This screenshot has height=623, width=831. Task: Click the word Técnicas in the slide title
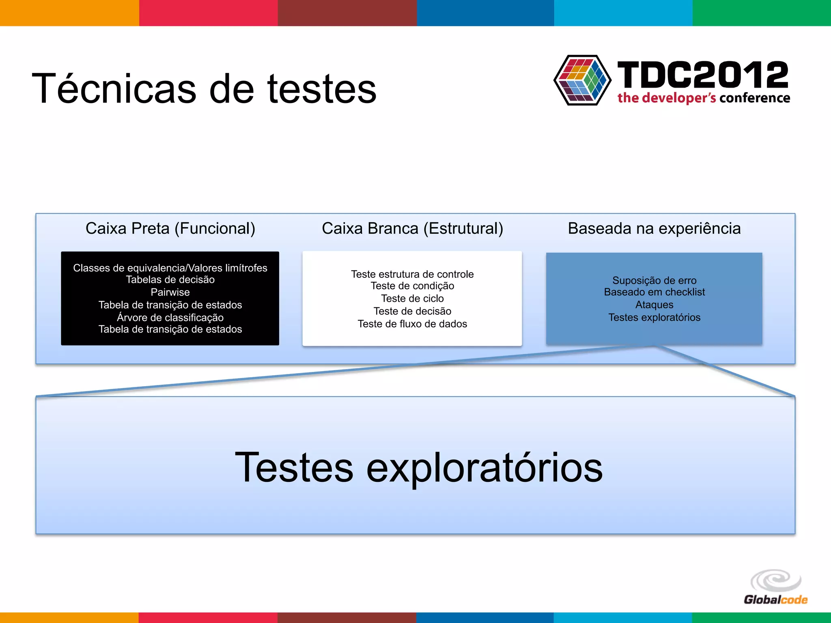tap(114, 88)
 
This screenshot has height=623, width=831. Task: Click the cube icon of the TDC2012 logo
tap(582, 80)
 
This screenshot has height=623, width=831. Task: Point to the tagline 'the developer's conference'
tap(704, 98)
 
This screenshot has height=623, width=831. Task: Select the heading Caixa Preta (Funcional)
tap(170, 228)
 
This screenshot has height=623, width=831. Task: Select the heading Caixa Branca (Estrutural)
tap(412, 228)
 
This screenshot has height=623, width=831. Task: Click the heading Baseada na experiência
tap(654, 228)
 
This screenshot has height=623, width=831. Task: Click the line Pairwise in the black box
tap(170, 292)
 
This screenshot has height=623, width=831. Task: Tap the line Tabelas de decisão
tap(170, 279)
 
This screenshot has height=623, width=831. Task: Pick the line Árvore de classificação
tap(170, 317)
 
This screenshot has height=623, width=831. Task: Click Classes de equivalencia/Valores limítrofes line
tap(170, 268)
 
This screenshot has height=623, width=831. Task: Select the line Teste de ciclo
tap(412, 299)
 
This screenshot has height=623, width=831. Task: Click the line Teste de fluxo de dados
tap(412, 324)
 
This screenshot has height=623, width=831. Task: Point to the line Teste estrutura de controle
tap(412, 274)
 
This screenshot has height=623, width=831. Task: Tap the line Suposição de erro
tap(654, 280)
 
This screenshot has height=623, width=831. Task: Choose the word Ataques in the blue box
tap(654, 305)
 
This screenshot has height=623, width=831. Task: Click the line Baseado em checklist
tap(654, 292)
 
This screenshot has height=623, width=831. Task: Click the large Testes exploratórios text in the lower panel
tap(419, 467)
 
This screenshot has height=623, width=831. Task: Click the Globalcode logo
tap(775, 587)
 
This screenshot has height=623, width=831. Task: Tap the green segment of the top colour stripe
tap(762, 13)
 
